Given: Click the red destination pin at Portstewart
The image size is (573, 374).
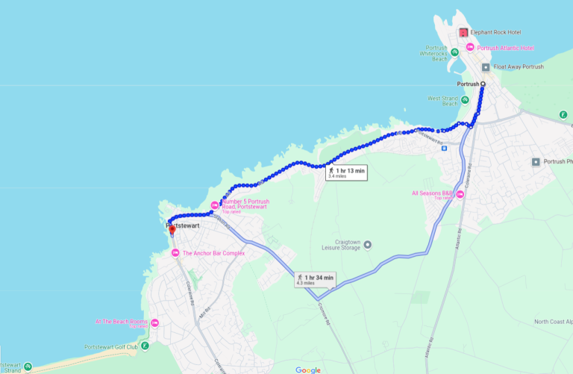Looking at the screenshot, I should pos(172,230).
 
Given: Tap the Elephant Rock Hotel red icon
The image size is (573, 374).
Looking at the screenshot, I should pos(463,33).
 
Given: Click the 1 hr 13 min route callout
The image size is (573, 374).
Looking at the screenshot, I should pos(347,172).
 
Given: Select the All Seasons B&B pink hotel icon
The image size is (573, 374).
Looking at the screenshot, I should pos(460,195).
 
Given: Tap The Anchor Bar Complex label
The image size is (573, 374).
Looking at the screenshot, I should pos(213,253).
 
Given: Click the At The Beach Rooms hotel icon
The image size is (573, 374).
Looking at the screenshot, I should pos(154,323).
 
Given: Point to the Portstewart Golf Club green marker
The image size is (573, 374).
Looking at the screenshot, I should pos(145,346).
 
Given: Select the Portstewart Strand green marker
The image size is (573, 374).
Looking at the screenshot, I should pos(28,367).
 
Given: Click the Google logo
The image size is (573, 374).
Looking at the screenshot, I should pos(307,370).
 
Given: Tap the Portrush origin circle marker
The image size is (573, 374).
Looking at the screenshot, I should pos(483,84).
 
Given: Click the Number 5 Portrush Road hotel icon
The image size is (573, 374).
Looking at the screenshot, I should pos(215,204).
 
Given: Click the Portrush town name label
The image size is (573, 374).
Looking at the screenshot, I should pos(467,84).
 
